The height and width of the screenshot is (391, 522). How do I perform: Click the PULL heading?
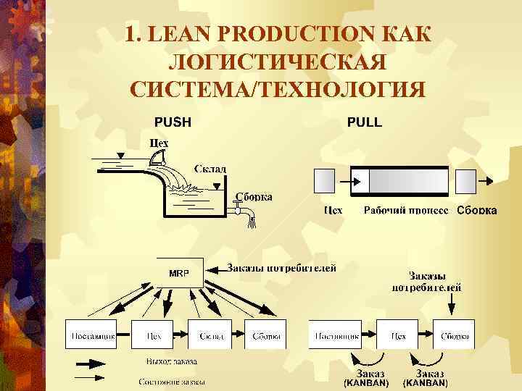(365, 122)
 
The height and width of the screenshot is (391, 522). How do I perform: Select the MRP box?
(180, 274)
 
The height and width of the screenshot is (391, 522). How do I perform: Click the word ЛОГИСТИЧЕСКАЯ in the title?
(275, 62)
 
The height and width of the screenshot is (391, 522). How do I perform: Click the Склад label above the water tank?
(210, 169)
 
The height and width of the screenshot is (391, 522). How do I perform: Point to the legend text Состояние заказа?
(172, 381)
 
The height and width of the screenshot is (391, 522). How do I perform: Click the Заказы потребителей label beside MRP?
(282, 268)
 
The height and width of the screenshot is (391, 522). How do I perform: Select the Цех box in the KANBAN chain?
(397, 335)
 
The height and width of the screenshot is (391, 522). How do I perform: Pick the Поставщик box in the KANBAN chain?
(336, 335)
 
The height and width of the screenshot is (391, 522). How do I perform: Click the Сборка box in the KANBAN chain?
(454, 335)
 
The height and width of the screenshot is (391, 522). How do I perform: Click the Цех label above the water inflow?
(158, 143)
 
